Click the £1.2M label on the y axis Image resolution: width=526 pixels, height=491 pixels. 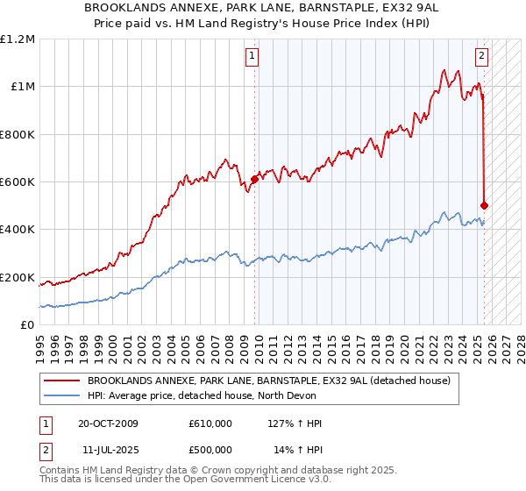click(18, 39)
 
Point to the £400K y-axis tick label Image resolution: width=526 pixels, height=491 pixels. click(18, 230)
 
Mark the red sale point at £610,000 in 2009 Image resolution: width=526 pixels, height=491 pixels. click(254, 179)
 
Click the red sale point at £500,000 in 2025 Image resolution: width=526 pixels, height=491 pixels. click(485, 205)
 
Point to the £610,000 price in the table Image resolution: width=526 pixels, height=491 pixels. click(210, 423)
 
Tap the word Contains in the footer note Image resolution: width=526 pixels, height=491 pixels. click(63, 470)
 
